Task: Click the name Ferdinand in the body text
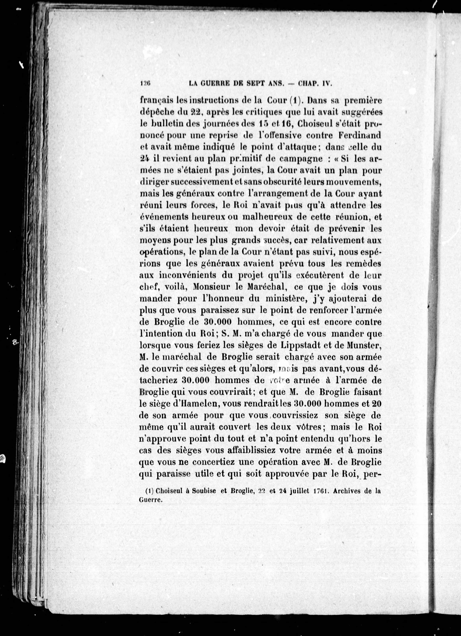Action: click(360, 135)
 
